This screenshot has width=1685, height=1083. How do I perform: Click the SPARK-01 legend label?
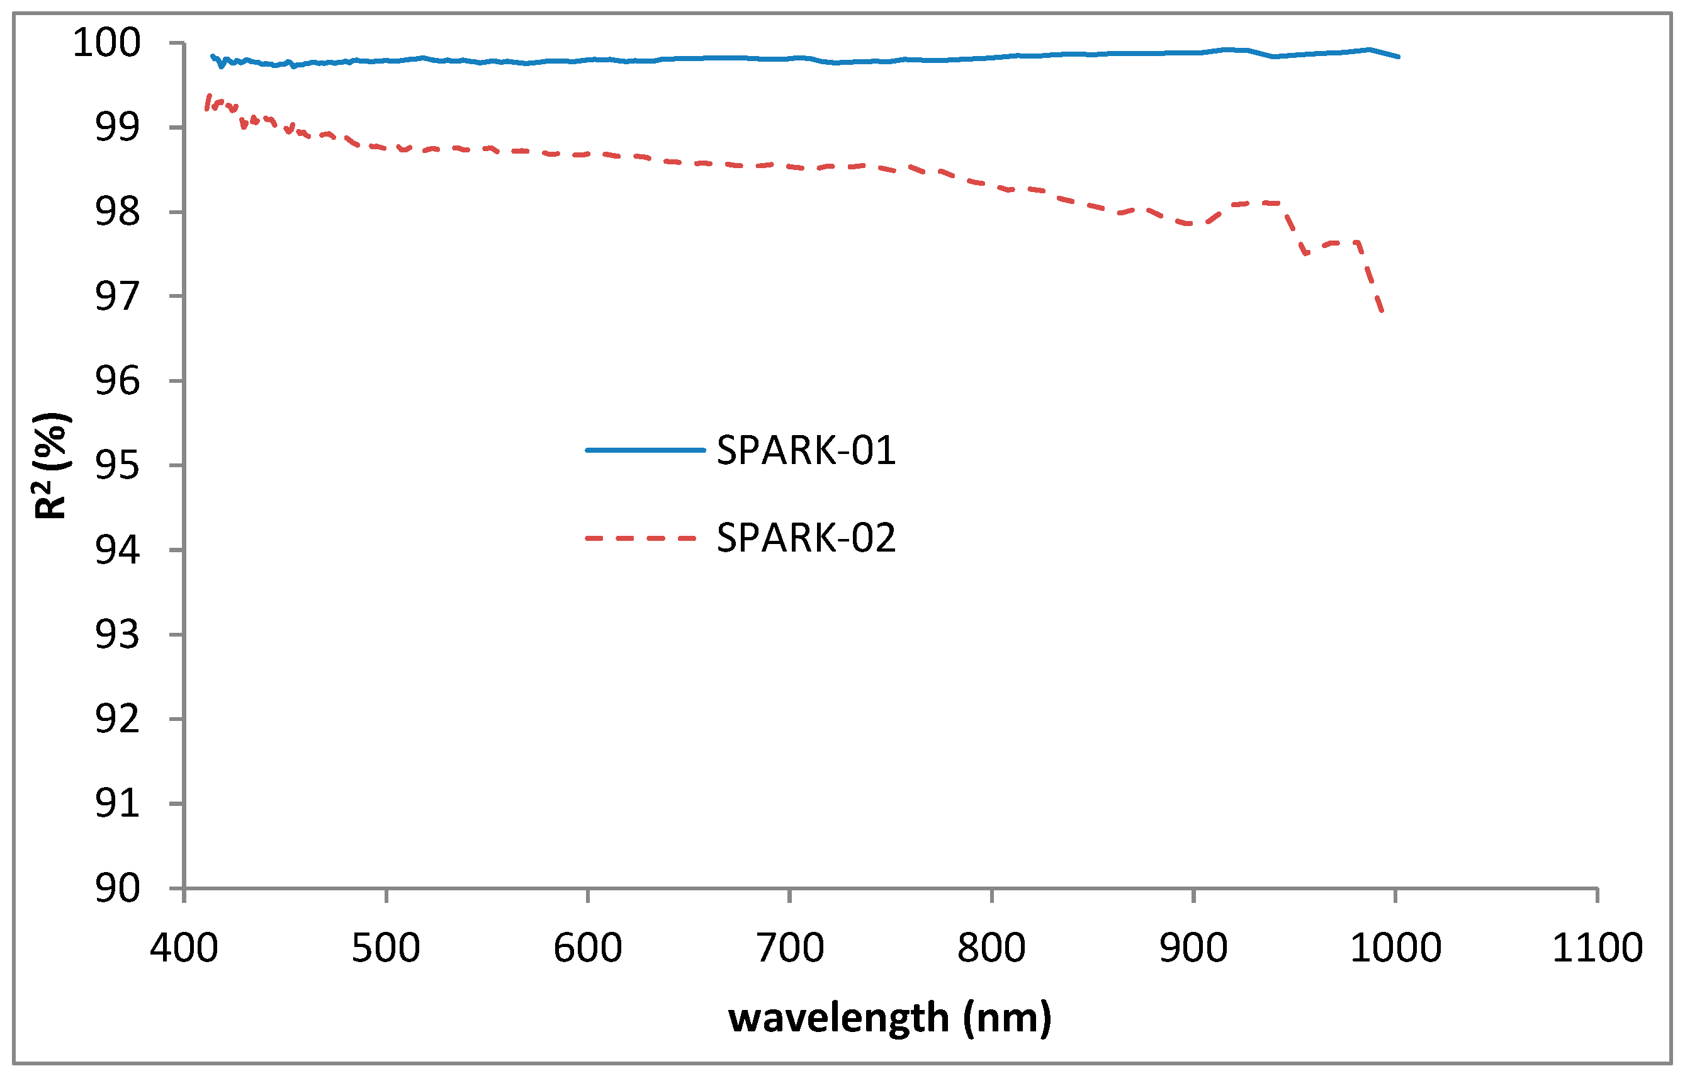click(x=806, y=450)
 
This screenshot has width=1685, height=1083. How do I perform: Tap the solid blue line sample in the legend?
click(x=645, y=450)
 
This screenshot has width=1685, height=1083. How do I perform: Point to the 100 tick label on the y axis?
click(x=107, y=43)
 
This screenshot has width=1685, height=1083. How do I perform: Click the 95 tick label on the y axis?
click(x=118, y=465)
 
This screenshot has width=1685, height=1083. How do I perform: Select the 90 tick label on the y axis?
click(x=118, y=888)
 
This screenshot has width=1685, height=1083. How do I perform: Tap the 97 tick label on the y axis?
click(x=118, y=297)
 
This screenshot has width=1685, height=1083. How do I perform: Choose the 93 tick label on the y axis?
click(x=118, y=635)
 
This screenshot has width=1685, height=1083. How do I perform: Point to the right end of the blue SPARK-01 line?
click(x=1398, y=56)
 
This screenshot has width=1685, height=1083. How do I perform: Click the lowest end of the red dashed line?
click(x=1382, y=311)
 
